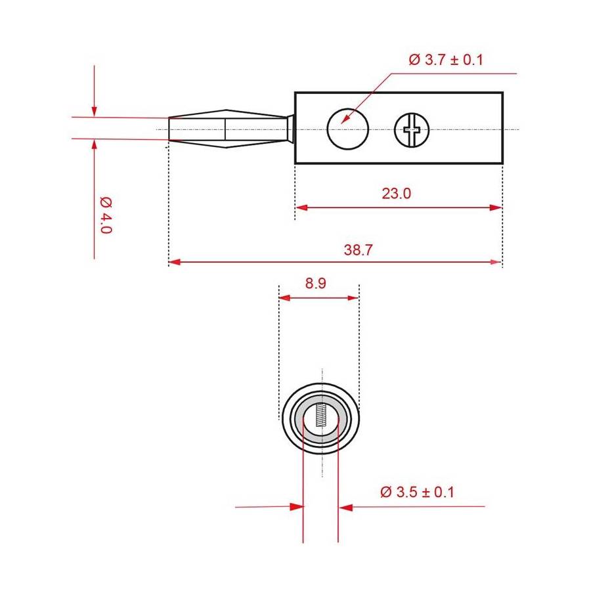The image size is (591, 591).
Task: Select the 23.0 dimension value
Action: [396, 194]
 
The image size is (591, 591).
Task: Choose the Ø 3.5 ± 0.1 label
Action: [417, 492]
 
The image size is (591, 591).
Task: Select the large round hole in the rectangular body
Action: [347, 127]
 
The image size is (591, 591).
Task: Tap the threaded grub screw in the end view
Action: [320, 416]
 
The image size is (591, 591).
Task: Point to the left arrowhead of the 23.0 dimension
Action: [300, 208]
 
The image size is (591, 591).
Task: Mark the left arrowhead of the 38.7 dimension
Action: [174, 262]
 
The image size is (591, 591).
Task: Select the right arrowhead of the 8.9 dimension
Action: [354, 297]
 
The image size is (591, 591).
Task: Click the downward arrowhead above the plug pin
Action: [95, 112]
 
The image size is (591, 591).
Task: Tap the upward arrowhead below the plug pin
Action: [95, 144]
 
